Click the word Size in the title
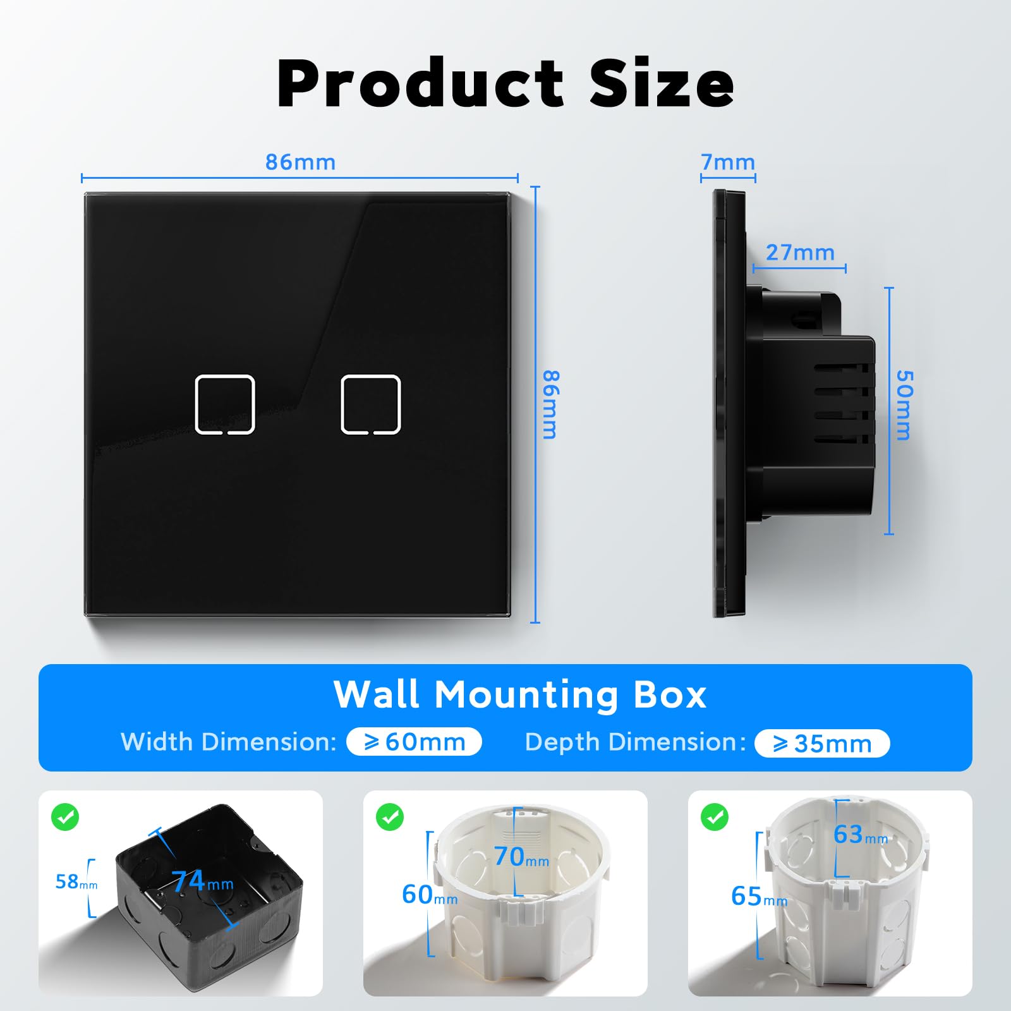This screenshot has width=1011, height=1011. coord(662,83)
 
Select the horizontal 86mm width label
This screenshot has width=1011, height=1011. coord(300,162)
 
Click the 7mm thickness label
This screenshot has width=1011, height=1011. coord(728,162)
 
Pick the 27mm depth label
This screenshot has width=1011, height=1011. coord(800,253)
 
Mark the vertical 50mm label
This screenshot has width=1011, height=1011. coord(904,405)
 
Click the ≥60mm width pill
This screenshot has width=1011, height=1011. coord(414,742)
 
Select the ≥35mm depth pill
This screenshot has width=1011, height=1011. coord(822,743)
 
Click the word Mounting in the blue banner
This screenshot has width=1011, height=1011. coord(526,695)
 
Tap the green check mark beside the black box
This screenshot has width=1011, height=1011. coord(65,817)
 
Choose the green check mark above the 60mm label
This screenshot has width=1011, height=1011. coord(390,817)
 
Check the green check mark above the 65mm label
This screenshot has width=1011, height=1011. coord(715,817)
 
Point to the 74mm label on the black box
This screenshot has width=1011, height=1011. coord(203,881)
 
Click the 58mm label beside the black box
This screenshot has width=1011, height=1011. coord(76,881)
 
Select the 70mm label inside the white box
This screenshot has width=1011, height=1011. coord(521,857)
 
